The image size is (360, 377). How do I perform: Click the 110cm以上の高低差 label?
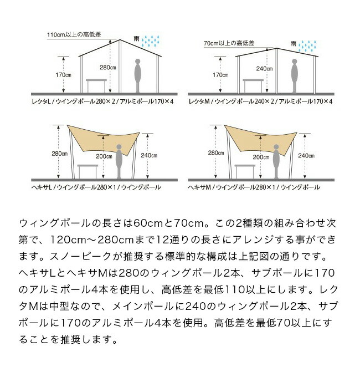[74, 34]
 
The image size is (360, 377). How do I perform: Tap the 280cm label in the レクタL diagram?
[107, 68]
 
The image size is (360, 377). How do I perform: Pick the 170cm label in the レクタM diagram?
[221, 75]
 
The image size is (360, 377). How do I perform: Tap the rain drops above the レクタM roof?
[307, 44]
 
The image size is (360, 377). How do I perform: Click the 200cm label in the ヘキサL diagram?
[104, 156]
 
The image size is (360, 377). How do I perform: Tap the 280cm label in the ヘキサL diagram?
[59, 154]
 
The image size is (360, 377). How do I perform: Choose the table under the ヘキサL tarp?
[88, 169]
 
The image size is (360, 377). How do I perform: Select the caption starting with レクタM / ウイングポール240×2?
[260, 102]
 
